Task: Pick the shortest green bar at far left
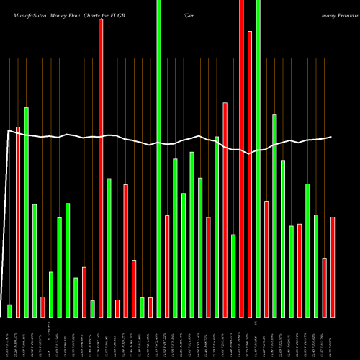(x=9, y=310)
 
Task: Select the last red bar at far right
(x=333, y=266)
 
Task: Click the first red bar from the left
(x=18, y=222)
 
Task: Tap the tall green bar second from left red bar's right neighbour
(x=27, y=212)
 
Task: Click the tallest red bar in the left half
(x=101, y=168)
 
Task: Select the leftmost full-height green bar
(x=158, y=158)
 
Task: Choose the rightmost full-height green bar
(x=258, y=158)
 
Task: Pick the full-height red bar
(x=241, y=158)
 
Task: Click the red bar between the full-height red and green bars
(x=250, y=174)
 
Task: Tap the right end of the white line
(x=332, y=137)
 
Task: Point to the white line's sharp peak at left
(x=8, y=130)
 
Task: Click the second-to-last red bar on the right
(x=325, y=287)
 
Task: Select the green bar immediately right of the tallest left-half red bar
(x=109, y=247)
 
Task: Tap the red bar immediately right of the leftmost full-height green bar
(x=167, y=266)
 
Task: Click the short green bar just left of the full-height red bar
(x=233, y=275)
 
